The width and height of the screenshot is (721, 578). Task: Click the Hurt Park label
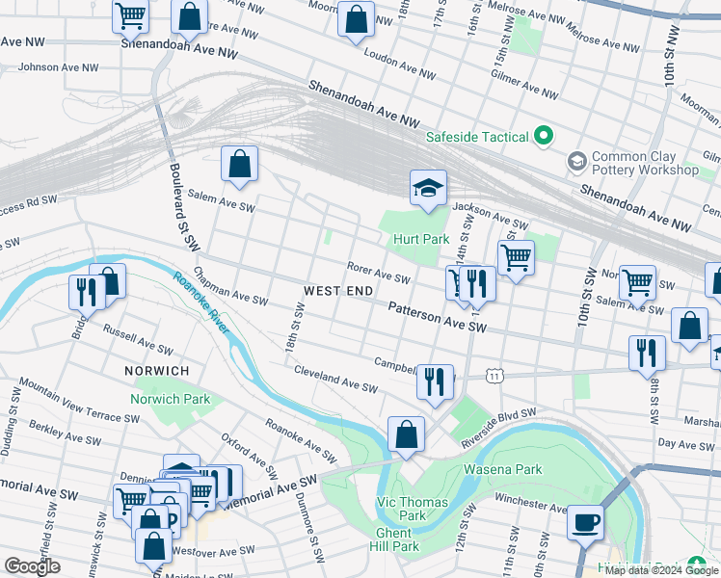[x=420, y=239]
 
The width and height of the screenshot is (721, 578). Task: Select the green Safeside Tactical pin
[x=544, y=137]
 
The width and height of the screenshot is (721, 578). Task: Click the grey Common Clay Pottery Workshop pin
[x=577, y=160]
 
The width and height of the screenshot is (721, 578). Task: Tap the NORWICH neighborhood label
[x=156, y=371]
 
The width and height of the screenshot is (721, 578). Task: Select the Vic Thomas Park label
[x=412, y=509]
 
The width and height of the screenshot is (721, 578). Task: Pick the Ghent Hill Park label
[x=397, y=539]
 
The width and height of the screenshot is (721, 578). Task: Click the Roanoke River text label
[x=201, y=303]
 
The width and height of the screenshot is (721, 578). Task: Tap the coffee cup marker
[x=585, y=524]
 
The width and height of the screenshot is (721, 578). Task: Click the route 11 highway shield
[x=494, y=373]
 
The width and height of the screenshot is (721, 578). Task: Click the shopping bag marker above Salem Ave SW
[x=239, y=165]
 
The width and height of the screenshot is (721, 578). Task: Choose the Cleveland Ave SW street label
[x=335, y=380]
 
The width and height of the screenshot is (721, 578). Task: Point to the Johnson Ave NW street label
[x=59, y=67]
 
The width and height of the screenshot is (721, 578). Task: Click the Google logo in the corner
[x=33, y=566]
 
